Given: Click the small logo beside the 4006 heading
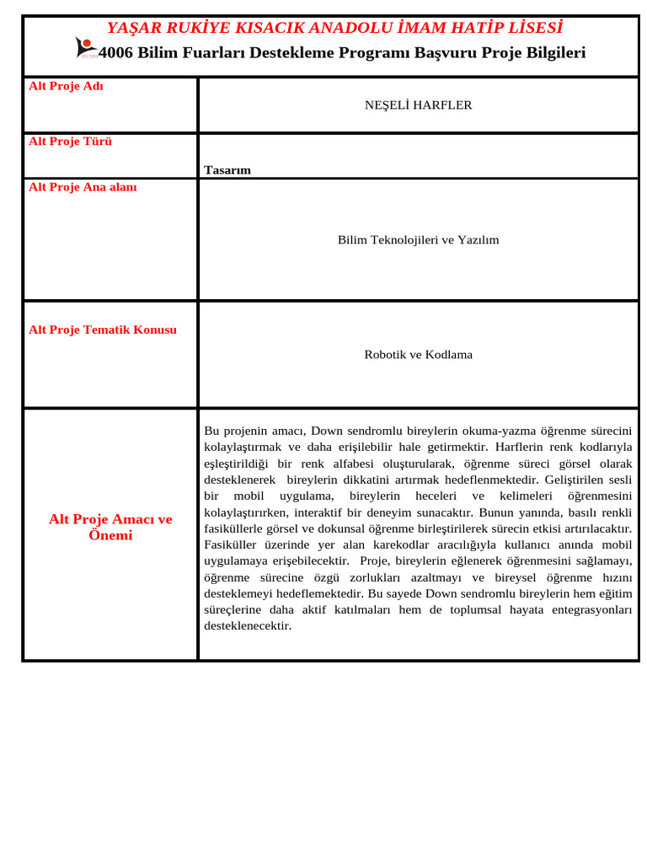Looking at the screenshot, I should tap(86, 47).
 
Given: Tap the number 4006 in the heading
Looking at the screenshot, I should tap(115, 53).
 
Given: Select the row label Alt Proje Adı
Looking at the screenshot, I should tap(66, 86).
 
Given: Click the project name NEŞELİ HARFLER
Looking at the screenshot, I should tap(418, 105).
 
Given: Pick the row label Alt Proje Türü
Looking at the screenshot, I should tap(70, 141).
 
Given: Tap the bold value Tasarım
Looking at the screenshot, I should tap(227, 170).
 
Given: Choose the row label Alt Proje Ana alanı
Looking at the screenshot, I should tap(83, 187).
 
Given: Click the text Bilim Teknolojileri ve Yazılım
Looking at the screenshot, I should tap(418, 240).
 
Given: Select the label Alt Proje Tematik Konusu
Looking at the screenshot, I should tap(103, 330).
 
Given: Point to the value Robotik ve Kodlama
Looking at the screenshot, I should tap(418, 355).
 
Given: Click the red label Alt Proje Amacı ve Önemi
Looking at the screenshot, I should tap(110, 527).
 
